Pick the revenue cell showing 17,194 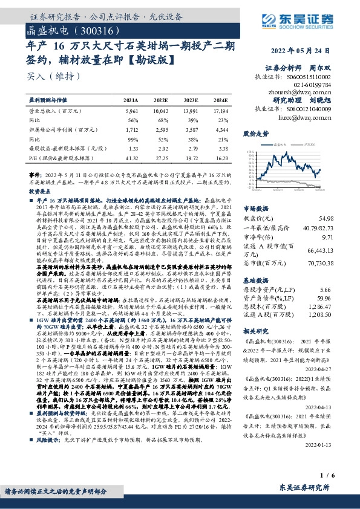coord(220,112)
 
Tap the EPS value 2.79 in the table coord(192,148)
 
